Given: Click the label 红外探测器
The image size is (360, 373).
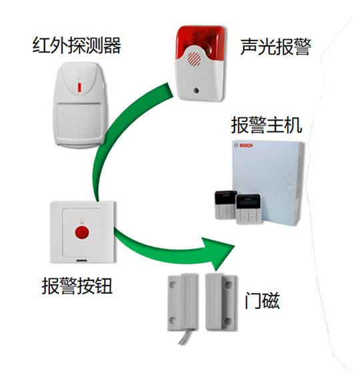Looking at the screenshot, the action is (x=77, y=45).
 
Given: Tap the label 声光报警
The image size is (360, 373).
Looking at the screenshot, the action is (x=276, y=47).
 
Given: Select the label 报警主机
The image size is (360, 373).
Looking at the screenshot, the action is (x=267, y=125).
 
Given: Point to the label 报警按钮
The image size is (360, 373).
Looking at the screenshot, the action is (x=77, y=286).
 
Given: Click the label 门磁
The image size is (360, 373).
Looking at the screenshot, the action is (x=262, y=300).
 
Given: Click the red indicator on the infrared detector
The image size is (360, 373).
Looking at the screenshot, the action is (x=80, y=87).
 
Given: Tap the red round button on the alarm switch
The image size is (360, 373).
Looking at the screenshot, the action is (x=82, y=232).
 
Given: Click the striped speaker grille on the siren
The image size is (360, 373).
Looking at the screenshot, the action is (x=194, y=59).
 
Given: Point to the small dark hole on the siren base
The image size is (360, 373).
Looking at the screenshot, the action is (x=196, y=91).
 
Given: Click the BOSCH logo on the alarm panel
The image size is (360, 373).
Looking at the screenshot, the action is (x=246, y=145).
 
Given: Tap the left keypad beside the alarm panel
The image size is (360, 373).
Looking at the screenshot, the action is (x=225, y=204).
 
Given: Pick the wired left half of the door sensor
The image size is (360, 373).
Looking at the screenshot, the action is (x=183, y=302).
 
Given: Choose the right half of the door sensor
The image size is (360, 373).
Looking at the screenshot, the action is (x=221, y=302).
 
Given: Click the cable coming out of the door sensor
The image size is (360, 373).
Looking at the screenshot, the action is (x=185, y=337).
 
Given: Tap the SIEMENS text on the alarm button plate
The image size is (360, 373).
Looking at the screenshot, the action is (x=81, y=260).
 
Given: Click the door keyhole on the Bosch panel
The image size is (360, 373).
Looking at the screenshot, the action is (x=289, y=186).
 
